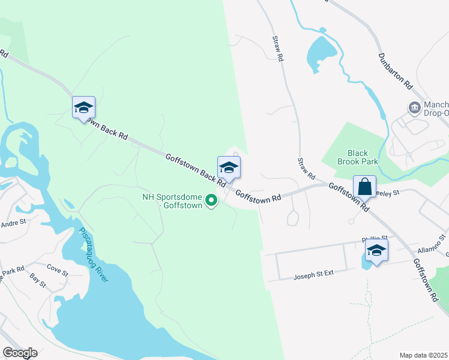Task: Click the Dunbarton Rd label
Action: [x=395, y=70]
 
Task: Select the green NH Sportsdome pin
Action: [x=211, y=200]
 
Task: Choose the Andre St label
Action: [x=14, y=223]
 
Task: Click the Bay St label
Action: [x=38, y=281]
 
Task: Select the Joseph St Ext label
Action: [x=312, y=275]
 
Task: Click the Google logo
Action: [x=20, y=353]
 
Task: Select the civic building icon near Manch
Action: [x=414, y=108]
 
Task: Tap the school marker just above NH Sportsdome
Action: [x=229, y=167]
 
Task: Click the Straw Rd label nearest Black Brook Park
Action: [x=306, y=169]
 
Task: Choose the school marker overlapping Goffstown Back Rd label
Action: [x=83, y=107]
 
